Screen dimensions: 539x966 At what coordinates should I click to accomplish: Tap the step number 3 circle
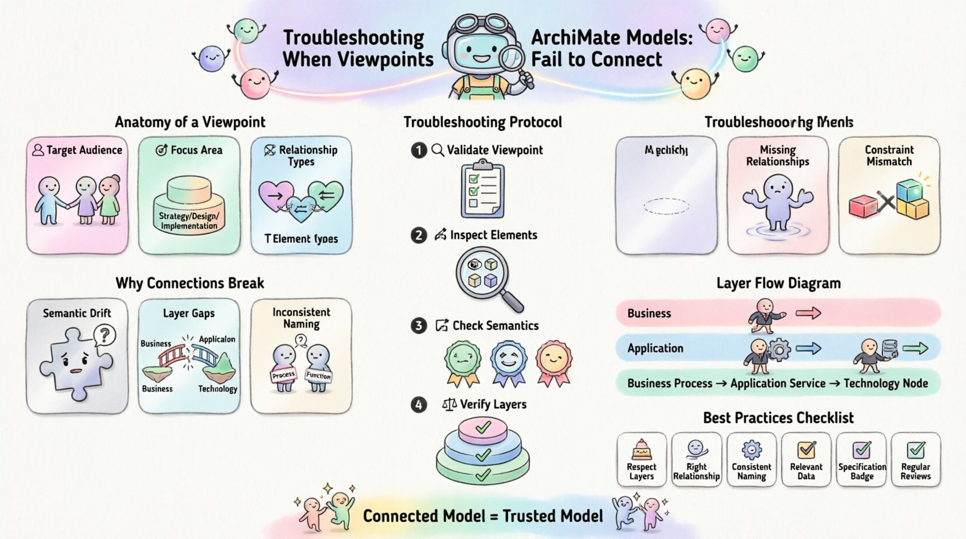click(419, 326)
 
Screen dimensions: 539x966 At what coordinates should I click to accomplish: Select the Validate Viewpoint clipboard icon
click(482, 191)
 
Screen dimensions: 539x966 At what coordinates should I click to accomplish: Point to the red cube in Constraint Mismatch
click(863, 206)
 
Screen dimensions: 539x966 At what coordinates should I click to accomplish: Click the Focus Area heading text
click(196, 150)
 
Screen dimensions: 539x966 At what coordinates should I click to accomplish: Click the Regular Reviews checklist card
click(915, 459)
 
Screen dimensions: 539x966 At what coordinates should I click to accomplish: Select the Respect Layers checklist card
click(641, 459)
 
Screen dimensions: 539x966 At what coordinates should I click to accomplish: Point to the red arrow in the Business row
click(808, 314)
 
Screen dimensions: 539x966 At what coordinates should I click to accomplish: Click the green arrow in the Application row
click(915, 348)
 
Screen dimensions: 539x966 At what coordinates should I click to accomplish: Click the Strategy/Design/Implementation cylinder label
click(189, 221)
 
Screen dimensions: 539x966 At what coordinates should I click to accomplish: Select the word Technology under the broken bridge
click(218, 389)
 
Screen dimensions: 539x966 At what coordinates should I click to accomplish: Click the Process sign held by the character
click(283, 375)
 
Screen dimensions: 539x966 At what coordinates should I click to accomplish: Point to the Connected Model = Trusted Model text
click(483, 516)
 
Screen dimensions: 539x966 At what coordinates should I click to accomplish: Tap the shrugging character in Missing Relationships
click(778, 203)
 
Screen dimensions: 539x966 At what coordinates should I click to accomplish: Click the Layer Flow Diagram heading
click(778, 283)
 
